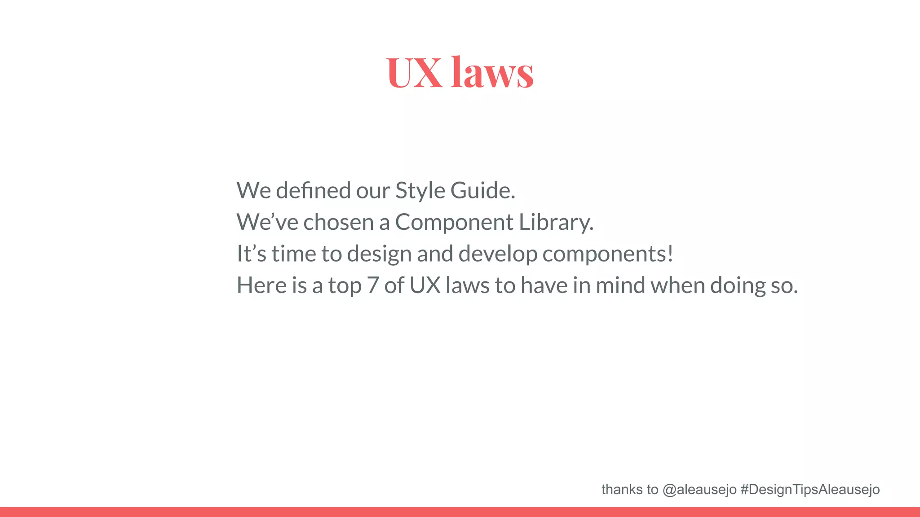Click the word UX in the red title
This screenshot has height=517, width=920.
414,72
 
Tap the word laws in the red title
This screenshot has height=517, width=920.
492,72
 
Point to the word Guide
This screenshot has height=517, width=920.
482,190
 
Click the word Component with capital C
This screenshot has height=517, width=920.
454,222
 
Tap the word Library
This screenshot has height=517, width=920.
556,222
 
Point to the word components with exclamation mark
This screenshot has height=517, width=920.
608,254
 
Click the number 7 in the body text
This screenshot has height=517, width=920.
373,285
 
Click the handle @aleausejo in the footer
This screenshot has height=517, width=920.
699,490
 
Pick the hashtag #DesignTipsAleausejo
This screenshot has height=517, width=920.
810,490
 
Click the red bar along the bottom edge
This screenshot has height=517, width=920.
460,512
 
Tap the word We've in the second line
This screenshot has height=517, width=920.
267,222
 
